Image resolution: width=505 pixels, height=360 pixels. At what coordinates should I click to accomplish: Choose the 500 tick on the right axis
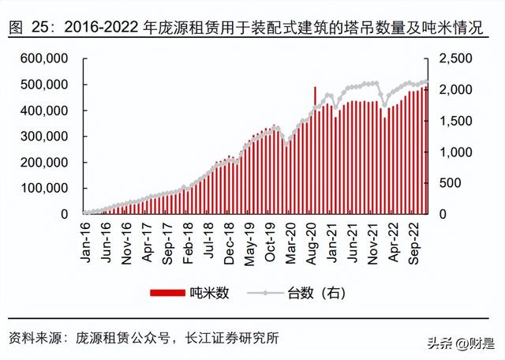click(447, 182)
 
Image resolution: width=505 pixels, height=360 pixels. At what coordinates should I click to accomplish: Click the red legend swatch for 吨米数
click(167, 293)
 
